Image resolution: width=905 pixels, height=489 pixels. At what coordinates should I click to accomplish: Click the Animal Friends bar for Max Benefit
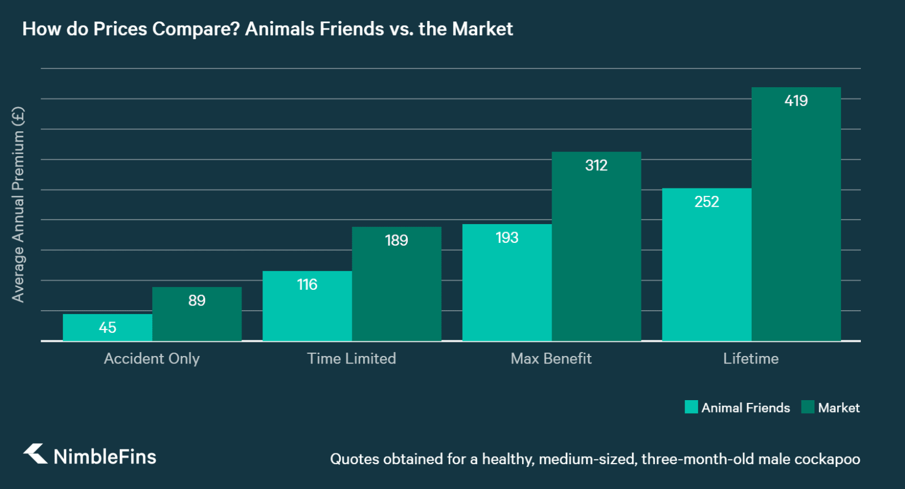[507, 282]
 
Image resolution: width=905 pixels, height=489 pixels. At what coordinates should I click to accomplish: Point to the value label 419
[796, 101]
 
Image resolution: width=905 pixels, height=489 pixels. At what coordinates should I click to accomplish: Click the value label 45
[107, 328]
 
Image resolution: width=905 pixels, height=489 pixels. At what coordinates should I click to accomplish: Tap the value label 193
[507, 238]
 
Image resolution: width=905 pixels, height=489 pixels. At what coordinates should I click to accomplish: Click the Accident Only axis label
[152, 359]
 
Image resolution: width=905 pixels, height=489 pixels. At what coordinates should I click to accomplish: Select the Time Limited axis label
[351, 359]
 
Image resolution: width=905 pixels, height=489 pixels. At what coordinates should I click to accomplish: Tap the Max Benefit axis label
[551, 359]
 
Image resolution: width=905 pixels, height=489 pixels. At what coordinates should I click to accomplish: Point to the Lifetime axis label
[751, 359]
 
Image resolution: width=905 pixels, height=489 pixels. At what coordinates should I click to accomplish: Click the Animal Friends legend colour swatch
[691, 407]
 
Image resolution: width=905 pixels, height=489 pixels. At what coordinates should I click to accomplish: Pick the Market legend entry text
[838, 408]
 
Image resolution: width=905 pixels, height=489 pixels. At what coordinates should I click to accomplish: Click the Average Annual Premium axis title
[18, 204]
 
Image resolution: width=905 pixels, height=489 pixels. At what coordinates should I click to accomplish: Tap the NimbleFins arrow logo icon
[35, 454]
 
